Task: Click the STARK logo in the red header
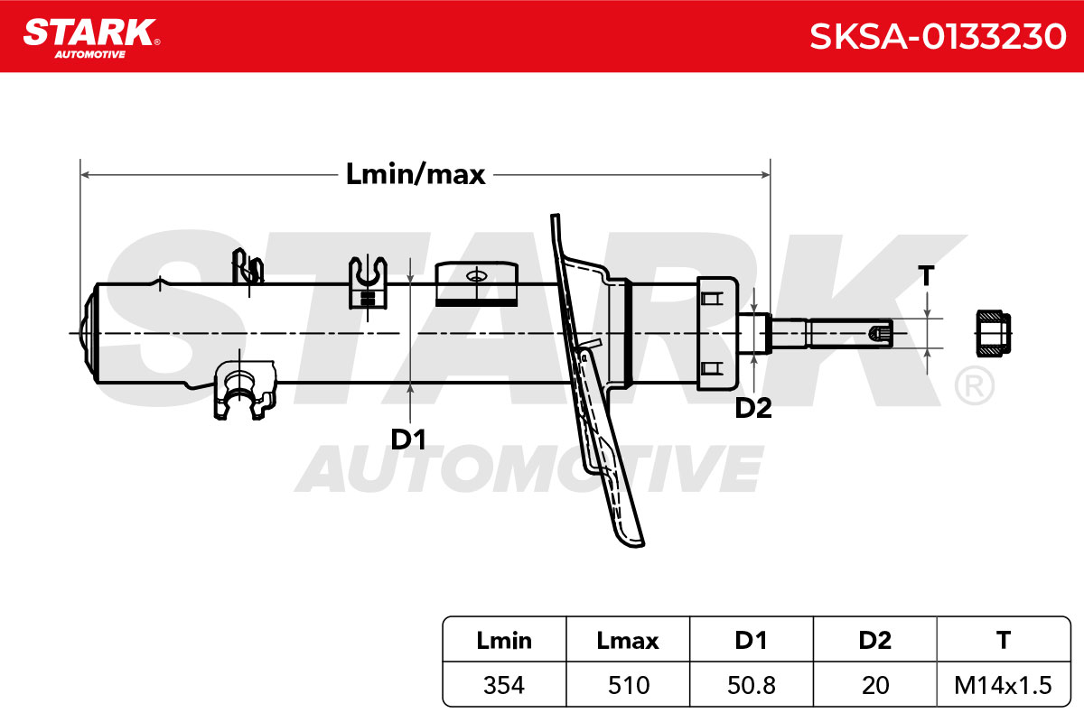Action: [x=92, y=38]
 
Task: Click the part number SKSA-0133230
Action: [x=938, y=36]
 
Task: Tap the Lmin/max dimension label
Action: [x=416, y=174]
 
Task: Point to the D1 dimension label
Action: [x=408, y=440]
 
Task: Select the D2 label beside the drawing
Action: [x=753, y=408]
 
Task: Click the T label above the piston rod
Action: [x=926, y=275]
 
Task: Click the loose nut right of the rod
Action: [x=994, y=334]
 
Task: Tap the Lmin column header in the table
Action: [x=504, y=640]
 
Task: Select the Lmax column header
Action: [x=628, y=640]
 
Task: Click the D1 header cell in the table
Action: [x=751, y=640]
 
